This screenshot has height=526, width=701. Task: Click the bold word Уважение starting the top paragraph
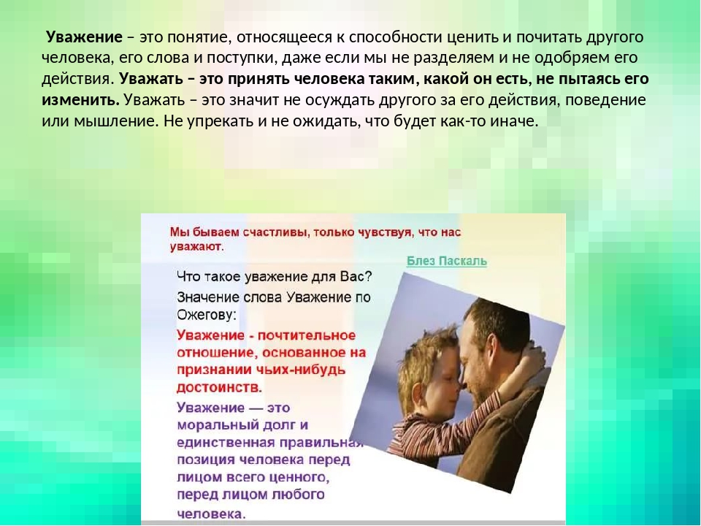(x=84, y=37)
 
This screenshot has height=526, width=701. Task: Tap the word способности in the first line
(x=396, y=37)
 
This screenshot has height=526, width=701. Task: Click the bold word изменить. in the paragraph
(x=81, y=99)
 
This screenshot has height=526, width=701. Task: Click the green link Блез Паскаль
(x=447, y=262)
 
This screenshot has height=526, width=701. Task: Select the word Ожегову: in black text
(x=207, y=316)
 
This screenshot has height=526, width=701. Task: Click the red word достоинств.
(x=220, y=387)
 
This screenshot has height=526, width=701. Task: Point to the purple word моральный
(x=210, y=425)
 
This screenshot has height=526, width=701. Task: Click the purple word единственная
(x=226, y=443)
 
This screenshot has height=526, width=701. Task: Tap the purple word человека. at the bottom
(x=212, y=514)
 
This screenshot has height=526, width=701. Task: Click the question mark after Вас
(x=367, y=276)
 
